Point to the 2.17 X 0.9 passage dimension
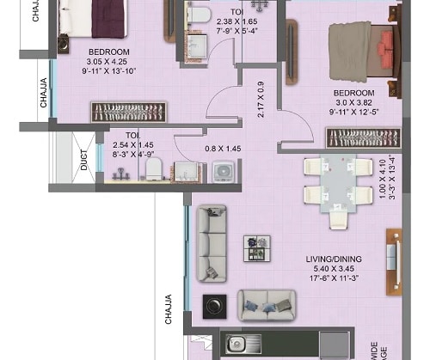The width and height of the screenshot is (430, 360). coord(261,100)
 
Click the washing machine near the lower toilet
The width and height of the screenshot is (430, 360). coord(225,170)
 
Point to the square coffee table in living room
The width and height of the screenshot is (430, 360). coord(255,247)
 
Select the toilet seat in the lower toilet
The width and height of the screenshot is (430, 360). coord(153,168)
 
